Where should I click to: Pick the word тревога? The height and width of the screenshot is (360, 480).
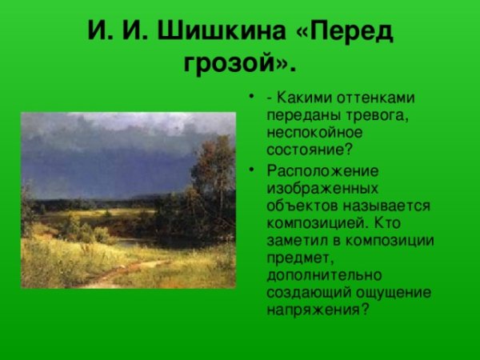367,115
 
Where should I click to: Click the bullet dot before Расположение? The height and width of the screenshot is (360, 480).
254,171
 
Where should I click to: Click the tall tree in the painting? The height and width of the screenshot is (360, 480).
211,172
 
